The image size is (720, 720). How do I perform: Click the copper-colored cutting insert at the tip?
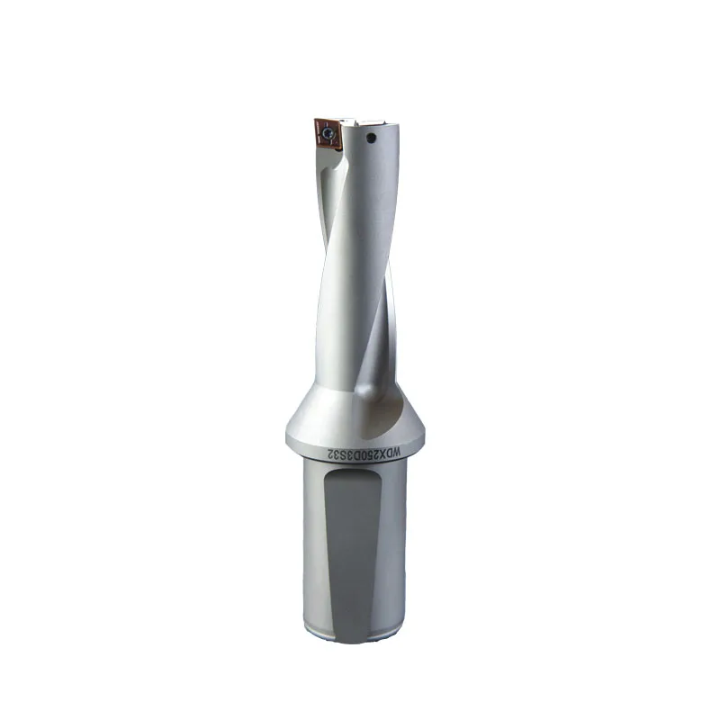326,133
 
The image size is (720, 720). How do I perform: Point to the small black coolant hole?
371,139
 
